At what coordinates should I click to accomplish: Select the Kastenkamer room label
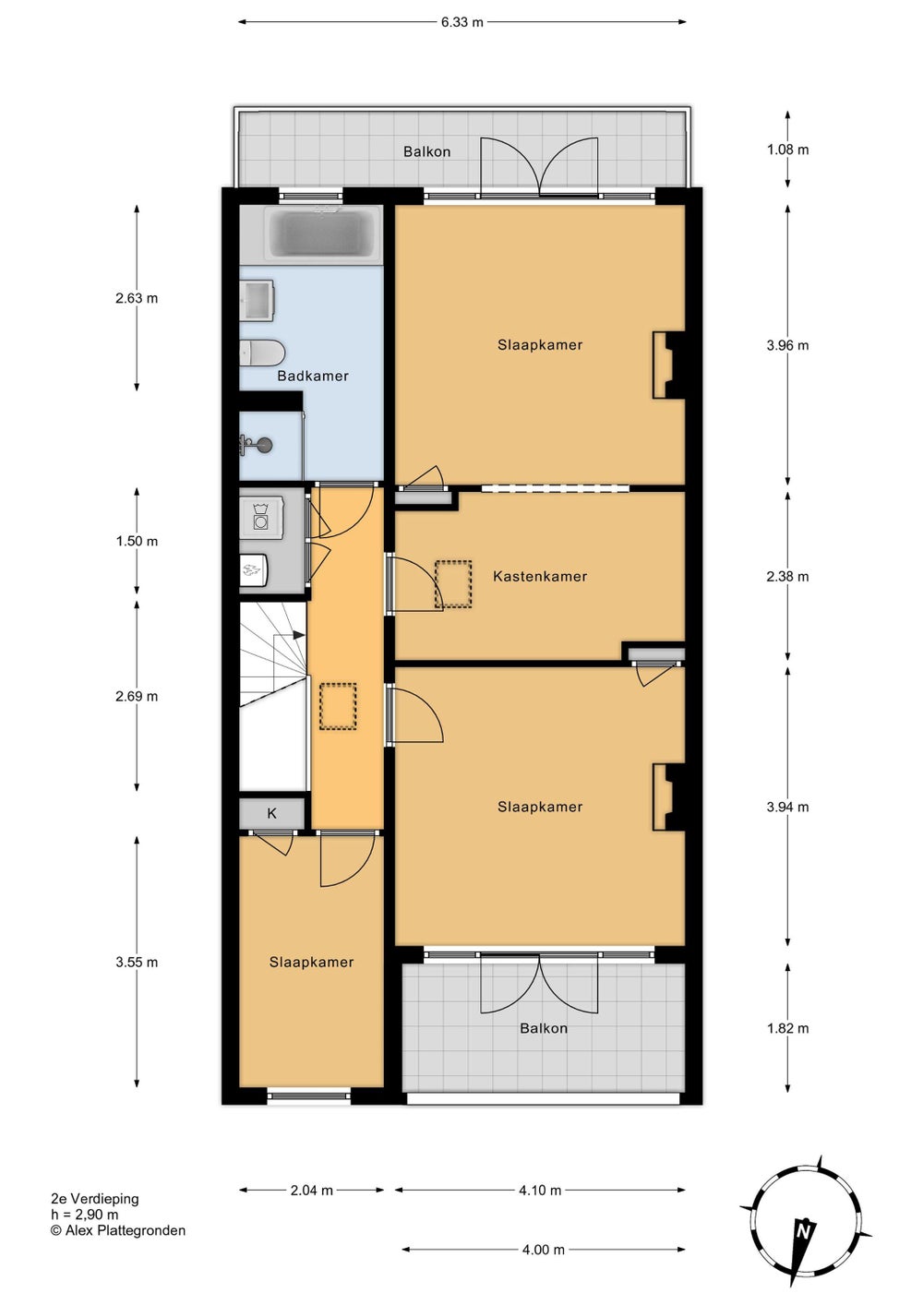point(540,576)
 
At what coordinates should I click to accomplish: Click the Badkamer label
point(313,376)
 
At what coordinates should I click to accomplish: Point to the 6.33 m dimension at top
point(461,22)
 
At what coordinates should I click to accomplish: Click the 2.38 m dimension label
point(787,576)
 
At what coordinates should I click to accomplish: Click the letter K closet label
point(271,813)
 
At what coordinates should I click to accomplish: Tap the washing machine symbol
point(260,516)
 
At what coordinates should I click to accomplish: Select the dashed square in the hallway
point(338,706)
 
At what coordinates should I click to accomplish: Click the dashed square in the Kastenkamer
point(453,584)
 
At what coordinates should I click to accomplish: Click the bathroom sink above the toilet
point(257,300)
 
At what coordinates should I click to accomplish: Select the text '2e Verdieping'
point(95,1199)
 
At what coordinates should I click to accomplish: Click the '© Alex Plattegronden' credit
point(118,1230)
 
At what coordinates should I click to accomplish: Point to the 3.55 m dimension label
point(137,962)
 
